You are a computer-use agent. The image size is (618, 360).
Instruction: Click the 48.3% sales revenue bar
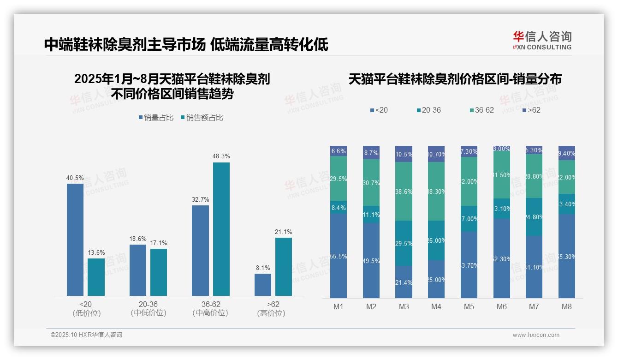pos(221,229)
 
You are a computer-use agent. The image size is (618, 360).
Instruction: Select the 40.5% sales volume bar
pos(75,240)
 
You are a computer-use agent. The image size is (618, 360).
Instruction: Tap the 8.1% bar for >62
pos(263,284)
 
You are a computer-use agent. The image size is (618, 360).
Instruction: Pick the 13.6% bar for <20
pos(96,277)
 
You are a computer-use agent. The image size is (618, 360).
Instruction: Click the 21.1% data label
pos(283,232)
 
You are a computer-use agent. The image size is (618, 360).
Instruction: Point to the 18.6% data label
pos(137,239)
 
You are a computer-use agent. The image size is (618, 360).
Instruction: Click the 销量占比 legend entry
pos(156,118)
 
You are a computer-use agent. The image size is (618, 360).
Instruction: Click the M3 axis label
pos(404,306)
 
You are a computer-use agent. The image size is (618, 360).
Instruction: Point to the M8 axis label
pos(567,306)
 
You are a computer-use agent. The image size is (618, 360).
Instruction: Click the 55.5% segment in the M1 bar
pos(339,256)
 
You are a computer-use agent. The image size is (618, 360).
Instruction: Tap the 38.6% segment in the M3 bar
pos(404,191)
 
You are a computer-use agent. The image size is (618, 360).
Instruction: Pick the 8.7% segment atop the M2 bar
pos(371,153)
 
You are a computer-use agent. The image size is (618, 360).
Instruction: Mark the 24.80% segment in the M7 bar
pos(534,217)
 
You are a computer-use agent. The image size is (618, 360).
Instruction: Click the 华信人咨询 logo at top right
pos(542,41)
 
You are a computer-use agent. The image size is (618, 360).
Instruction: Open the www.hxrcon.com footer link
pos(536,335)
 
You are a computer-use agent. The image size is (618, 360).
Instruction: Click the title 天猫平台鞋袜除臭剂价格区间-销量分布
pos(455,79)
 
